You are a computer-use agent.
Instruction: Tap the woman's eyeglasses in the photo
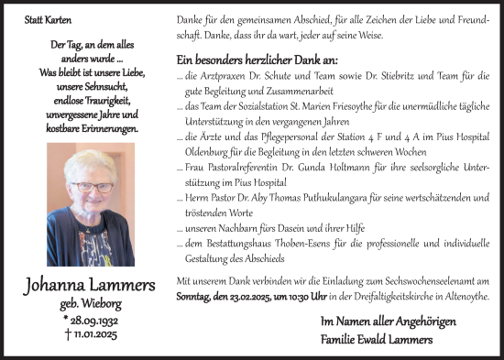(x=92, y=186)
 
